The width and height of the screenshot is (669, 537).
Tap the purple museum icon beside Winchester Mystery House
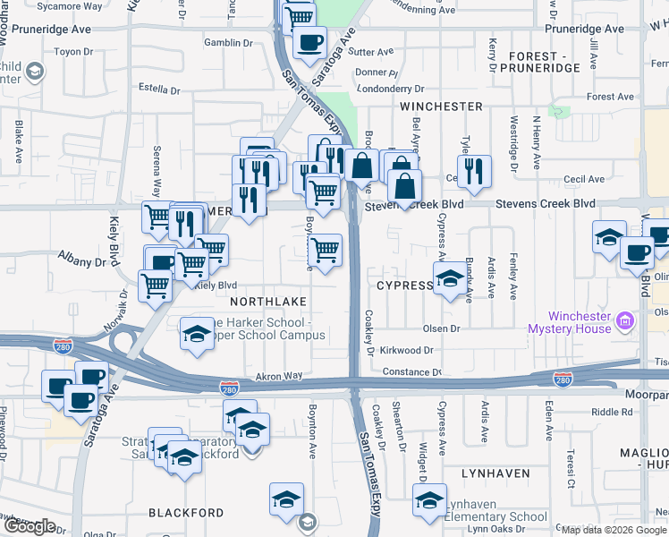(x=625, y=320)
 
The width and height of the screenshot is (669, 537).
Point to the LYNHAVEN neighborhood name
(x=495, y=472)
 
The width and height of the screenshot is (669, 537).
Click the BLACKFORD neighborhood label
(x=186, y=513)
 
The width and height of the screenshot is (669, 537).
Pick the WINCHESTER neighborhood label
(x=441, y=106)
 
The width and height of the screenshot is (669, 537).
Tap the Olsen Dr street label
(x=442, y=328)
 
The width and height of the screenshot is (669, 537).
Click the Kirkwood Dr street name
(x=407, y=352)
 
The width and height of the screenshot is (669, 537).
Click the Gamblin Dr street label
(x=224, y=42)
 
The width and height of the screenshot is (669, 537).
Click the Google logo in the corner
(x=30, y=525)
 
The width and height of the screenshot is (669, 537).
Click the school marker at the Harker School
(x=197, y=333)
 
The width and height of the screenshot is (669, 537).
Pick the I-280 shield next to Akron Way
(x=229, y=388)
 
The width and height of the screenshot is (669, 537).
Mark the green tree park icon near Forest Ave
(x=561, y=113)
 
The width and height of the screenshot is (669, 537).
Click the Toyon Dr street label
(x=68, y=52)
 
